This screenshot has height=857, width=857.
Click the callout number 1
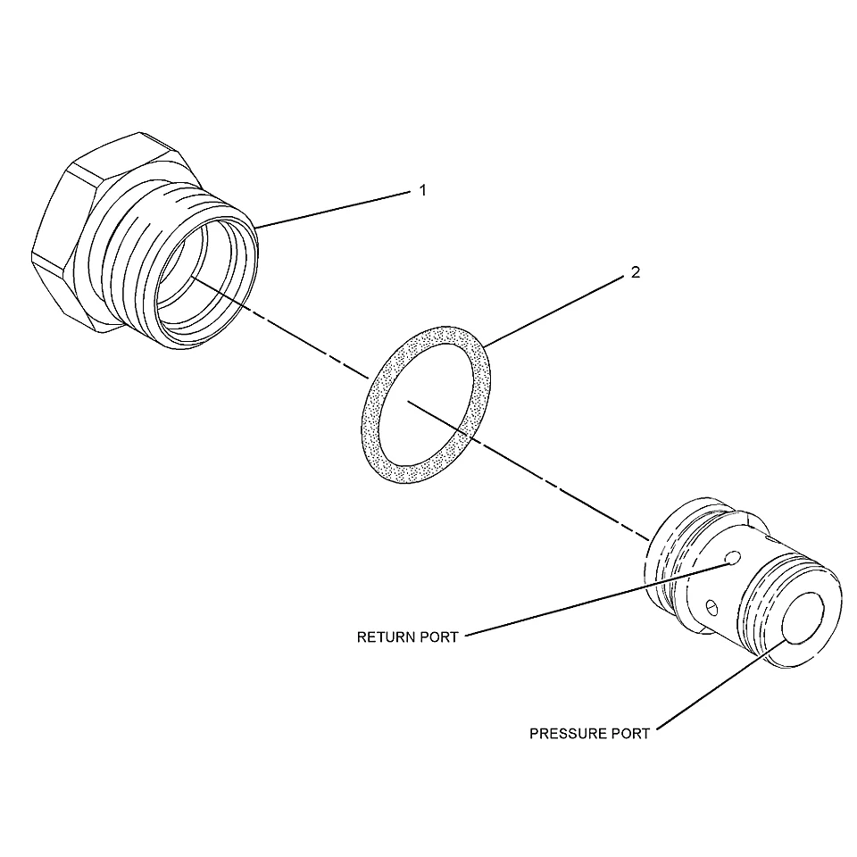422,190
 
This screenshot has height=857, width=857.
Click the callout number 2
635,271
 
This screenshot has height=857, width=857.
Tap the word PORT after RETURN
439,637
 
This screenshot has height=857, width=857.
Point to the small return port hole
732,558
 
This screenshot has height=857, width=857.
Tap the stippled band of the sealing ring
372,432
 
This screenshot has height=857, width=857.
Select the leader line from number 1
332,209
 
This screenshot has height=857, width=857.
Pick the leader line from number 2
553,311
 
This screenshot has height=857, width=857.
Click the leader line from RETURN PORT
598,600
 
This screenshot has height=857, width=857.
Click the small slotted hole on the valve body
711,607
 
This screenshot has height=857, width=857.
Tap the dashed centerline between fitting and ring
279,327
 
